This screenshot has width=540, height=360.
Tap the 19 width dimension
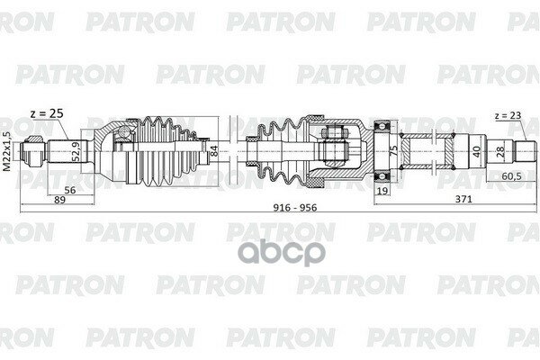[382, 192]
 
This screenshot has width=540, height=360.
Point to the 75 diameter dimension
[394, 149]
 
